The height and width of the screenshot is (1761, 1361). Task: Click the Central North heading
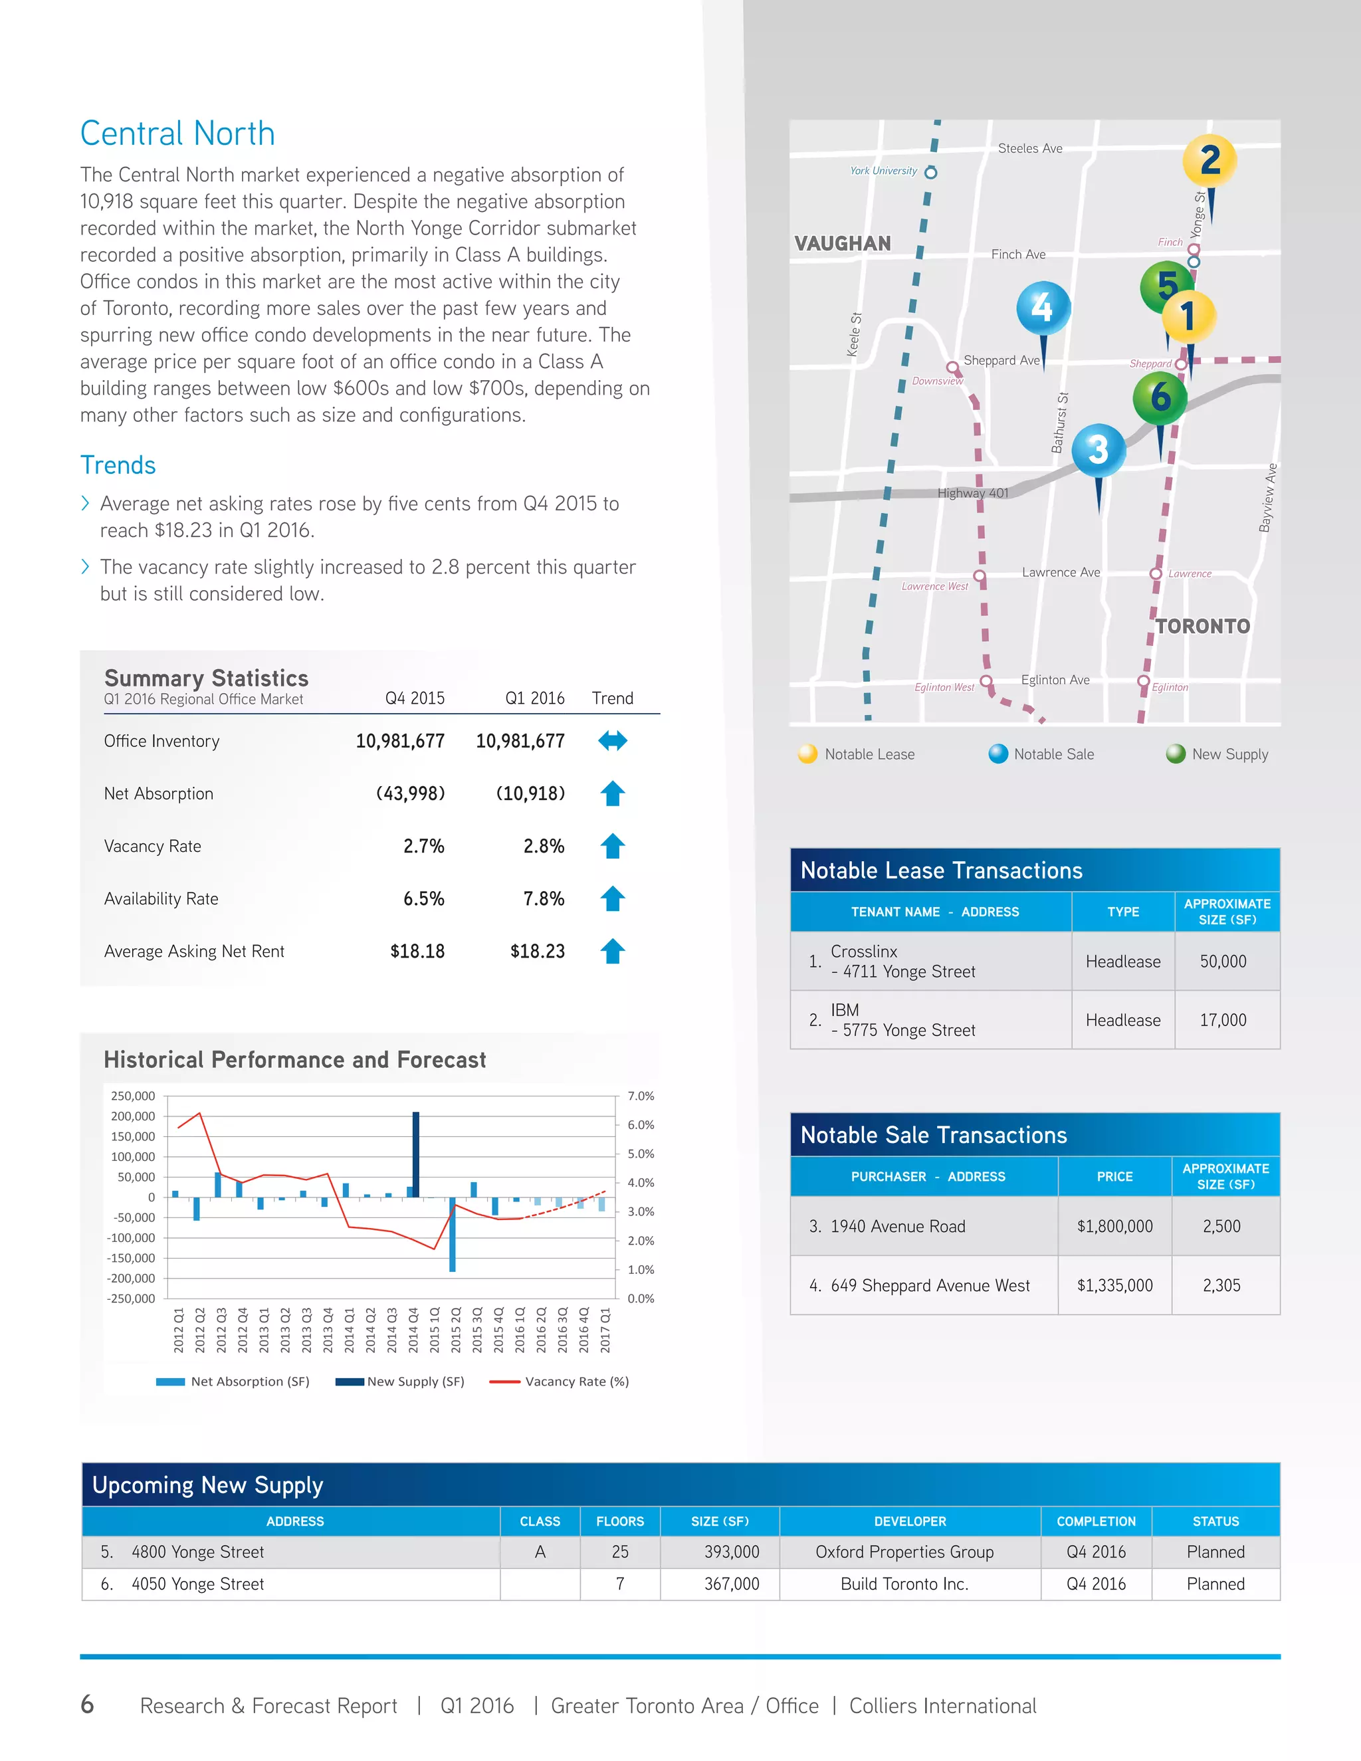177,134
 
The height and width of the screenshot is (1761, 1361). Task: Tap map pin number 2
1209,160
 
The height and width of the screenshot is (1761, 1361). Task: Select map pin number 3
1098,450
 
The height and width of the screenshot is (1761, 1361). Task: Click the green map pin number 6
1160,397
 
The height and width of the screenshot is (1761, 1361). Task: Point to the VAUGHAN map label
843,243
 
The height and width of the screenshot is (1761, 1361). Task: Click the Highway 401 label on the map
972,492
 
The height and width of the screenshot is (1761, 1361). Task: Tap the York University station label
883,171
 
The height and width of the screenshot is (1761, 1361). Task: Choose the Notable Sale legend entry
1053,754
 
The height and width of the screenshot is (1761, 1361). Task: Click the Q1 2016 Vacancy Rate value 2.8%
544,847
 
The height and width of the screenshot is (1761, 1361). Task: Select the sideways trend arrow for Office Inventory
613,741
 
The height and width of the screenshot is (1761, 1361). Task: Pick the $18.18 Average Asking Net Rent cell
417,952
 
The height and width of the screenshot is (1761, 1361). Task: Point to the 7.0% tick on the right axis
641,1096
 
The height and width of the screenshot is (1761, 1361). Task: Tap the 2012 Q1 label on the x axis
179,1330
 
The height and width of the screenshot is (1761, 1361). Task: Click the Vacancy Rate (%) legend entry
576,1382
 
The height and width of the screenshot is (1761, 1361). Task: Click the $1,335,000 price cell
1114,1285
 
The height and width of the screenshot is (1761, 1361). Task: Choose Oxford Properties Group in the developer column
904,1552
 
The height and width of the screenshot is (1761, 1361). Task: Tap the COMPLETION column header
1096,1522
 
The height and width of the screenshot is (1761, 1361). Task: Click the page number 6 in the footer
87,1705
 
